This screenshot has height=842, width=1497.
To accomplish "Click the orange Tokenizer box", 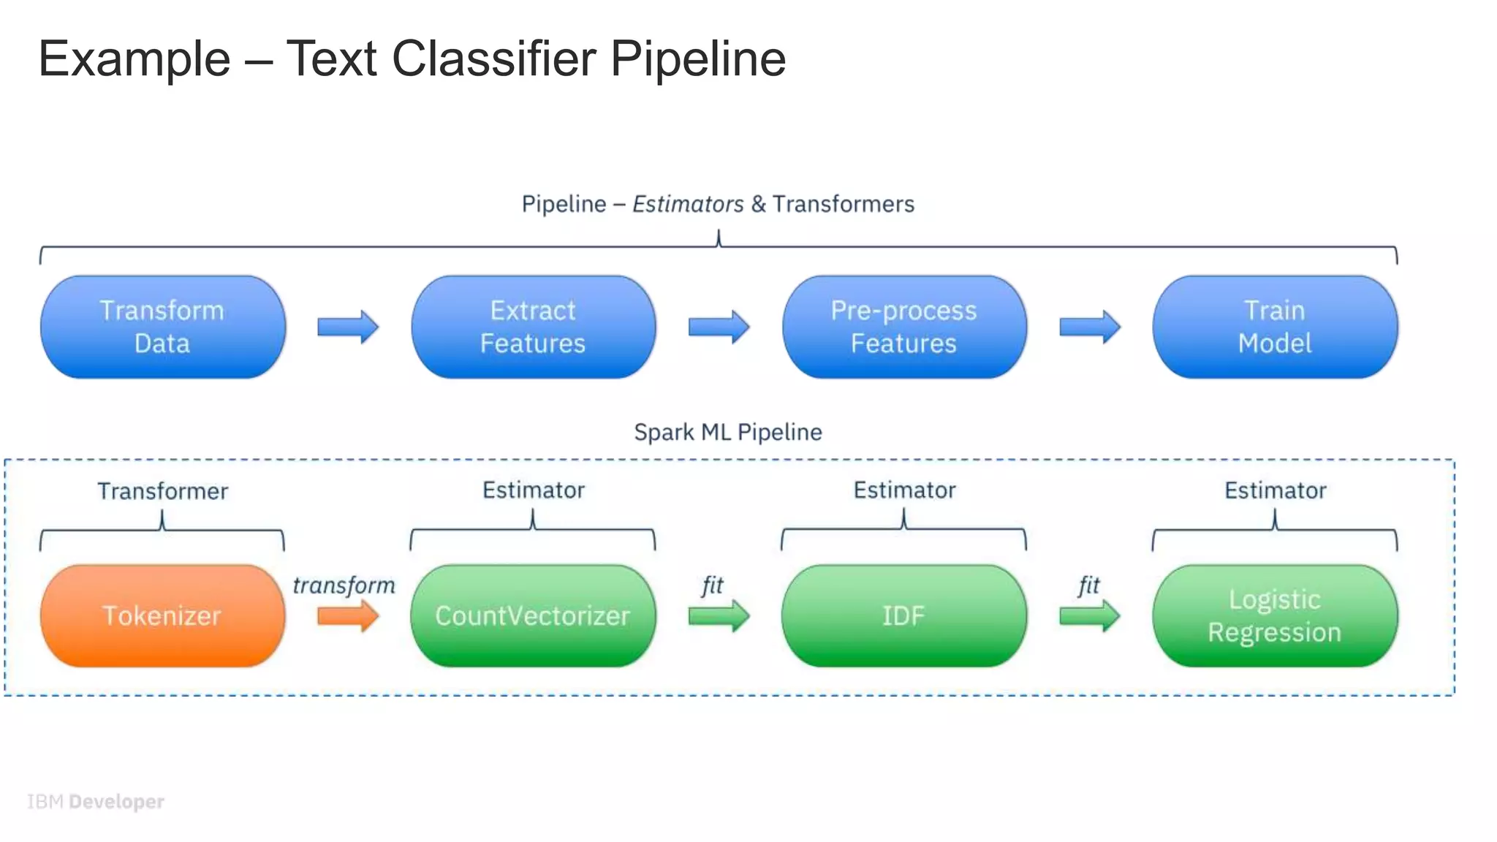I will (x=162, y=615).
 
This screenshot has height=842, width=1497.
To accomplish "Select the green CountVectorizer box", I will (x=533, y=615).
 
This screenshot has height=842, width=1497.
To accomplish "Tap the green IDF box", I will (x=903, y=615).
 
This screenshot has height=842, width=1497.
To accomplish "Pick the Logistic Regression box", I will (x=1274, y=615).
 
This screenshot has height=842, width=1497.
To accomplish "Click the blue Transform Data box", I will (x=162, y=327).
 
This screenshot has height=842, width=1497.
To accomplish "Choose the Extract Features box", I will (x=533, y=327).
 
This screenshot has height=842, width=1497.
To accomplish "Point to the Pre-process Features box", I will (x=903, y=327).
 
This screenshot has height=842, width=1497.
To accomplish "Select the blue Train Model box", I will (x=1274, y=327).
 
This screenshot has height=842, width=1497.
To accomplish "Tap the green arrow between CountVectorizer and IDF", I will (x=719, y=616).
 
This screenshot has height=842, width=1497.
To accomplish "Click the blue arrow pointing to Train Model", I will (x=1089, y=327).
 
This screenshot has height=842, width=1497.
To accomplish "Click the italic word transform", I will (x=344, y=585).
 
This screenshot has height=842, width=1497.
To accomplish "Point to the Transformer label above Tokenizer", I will (x=162, y=491).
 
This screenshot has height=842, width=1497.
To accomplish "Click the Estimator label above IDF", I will (x=904, y=490).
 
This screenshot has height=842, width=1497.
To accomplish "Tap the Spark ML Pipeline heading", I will (x=727, y=432).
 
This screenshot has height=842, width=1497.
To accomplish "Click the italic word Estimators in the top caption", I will (x=688, y=204).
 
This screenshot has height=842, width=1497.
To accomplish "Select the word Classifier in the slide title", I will (x=493, y=58).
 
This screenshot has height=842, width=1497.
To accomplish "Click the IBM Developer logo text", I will (x=96, y=802).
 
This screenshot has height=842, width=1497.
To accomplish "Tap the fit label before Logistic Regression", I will (x=1088, y=585).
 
